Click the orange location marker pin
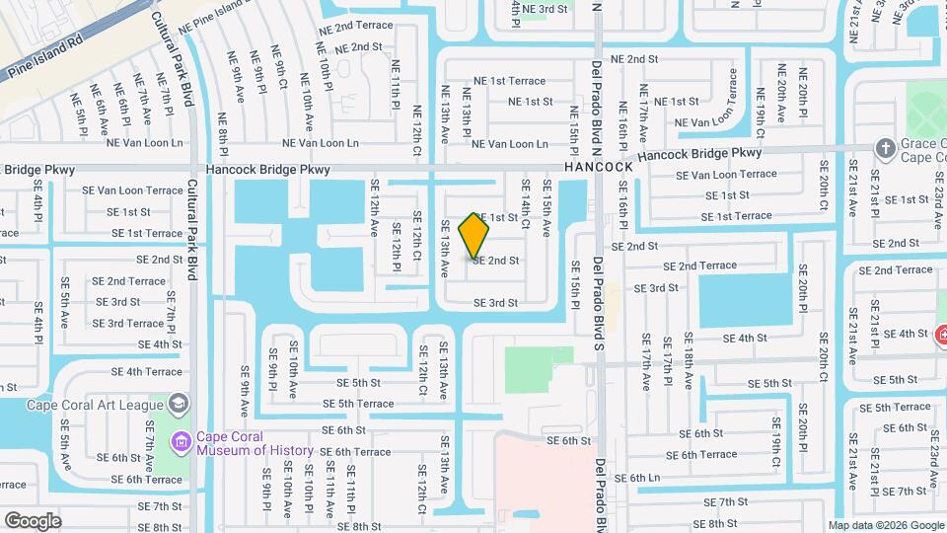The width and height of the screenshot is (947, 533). tap(474, 235)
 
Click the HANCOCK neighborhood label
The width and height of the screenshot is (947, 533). tap(599, 168)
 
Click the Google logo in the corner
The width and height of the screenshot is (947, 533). tap(33, 520)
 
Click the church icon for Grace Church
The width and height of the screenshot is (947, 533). tap(886, 148)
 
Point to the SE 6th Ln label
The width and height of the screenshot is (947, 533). tap(636, 478)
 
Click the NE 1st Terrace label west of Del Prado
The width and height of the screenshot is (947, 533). tap(509, 81)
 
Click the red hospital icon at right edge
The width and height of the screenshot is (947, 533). tap(940, 335)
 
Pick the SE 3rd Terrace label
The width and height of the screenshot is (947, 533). tap(128, 324)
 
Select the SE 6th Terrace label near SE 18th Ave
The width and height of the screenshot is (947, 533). tap(701, 455)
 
